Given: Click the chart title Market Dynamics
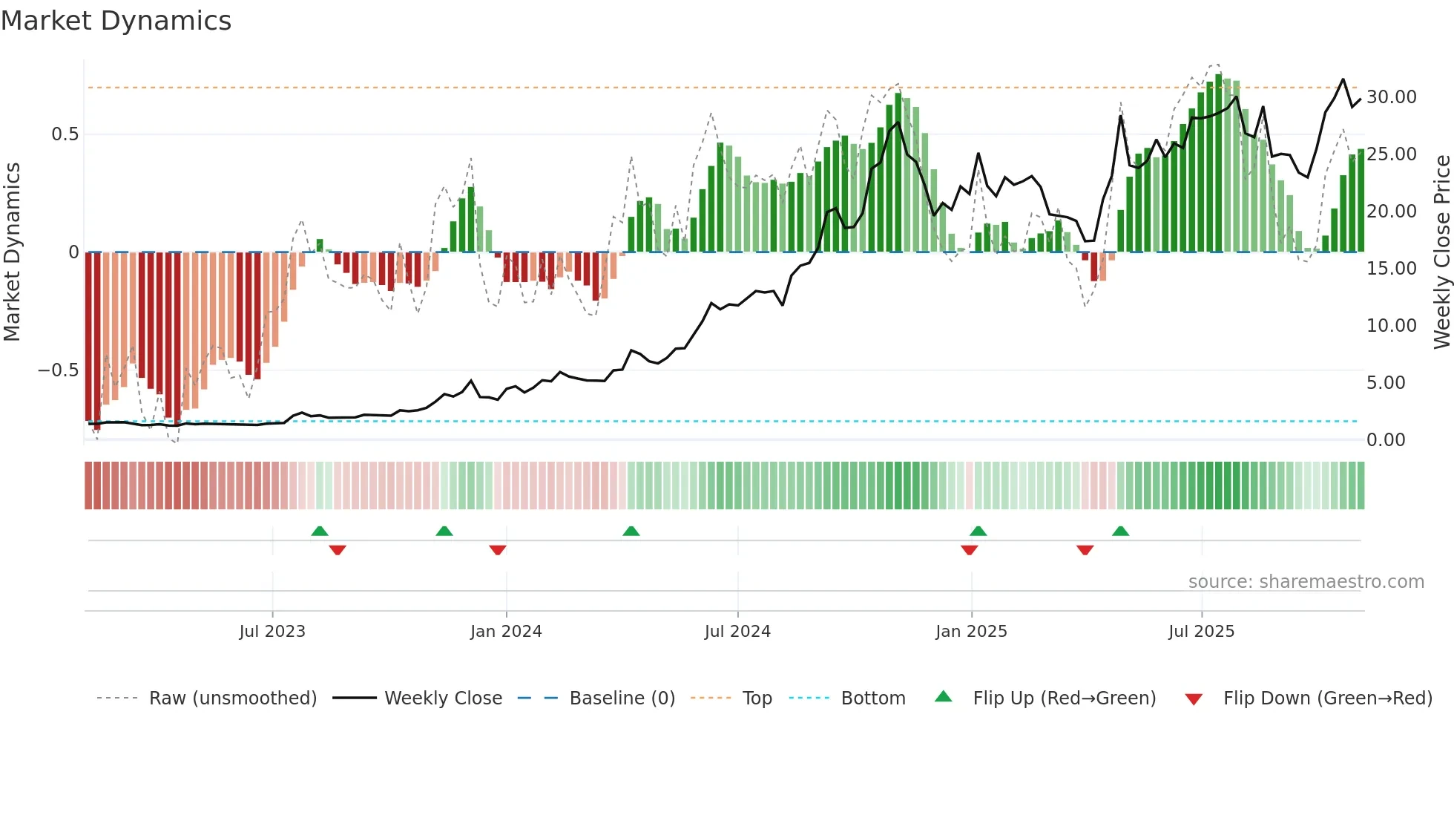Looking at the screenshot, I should click(x=116, y=21).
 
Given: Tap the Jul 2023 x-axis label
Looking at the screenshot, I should click(x=272, y=632).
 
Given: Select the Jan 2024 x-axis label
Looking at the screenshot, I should click(x=506, y=632).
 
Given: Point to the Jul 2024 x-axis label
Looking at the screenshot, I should click(x=737, y=632).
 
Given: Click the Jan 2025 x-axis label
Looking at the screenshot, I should click(x=971, y=632).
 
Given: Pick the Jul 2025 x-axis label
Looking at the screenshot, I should click(x=1201, y=632).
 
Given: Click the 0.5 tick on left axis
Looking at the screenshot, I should click(x=65, y=134).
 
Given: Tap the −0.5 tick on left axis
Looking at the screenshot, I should click(x=59, y=370).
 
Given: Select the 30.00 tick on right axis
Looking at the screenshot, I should click(x=1391, y=97).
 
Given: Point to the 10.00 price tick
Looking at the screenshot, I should click(x=1391, y=326).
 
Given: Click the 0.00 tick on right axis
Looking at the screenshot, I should click(x=1386, y=440).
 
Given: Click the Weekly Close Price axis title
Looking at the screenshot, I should click(x=1441, y=252).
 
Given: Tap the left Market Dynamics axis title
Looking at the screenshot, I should click(x=12, y=252).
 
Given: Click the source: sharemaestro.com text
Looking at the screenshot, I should click(x=1306, y=582).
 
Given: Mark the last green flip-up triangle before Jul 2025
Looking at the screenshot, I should click(x=1120, y=531).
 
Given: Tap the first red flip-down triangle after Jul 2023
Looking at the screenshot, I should click(x=338, y=550).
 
